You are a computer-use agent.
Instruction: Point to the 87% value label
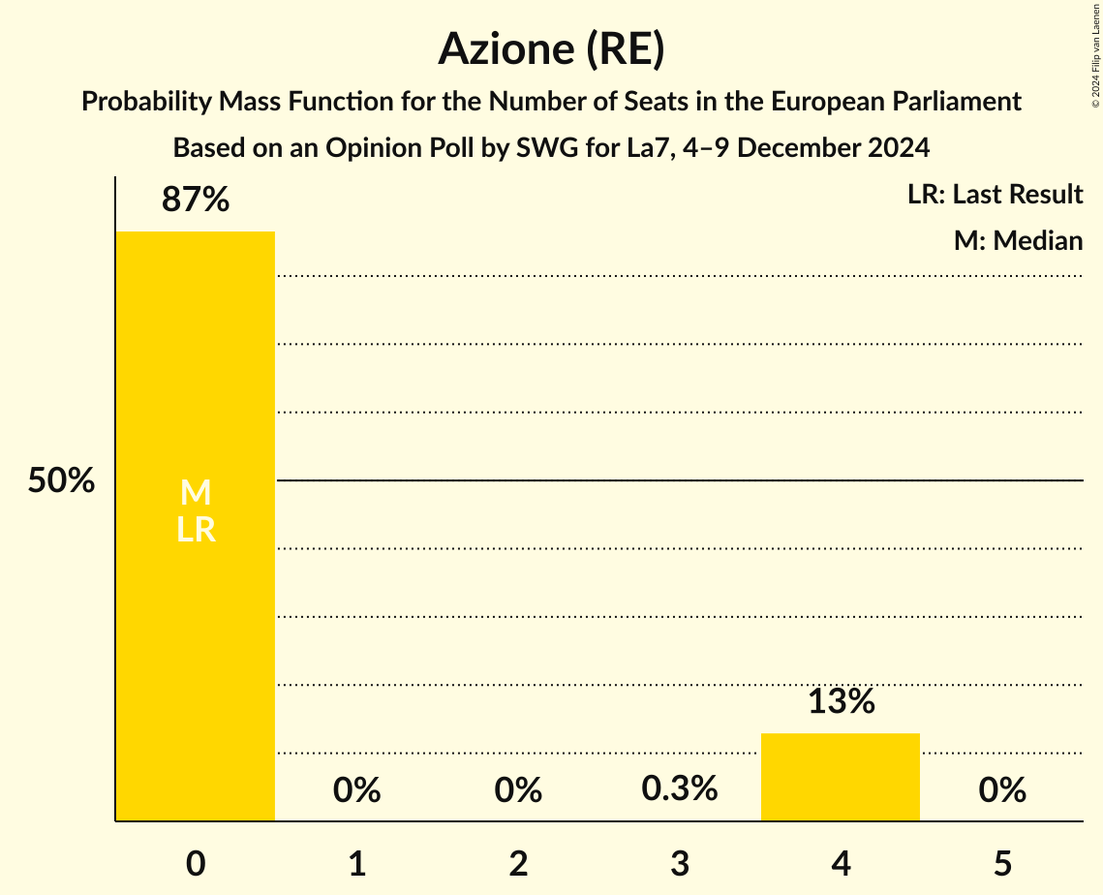[196, 201]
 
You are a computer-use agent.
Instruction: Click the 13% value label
[841, 702]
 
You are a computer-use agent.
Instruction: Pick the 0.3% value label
[680, 789]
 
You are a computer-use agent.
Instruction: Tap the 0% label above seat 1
[356, 791]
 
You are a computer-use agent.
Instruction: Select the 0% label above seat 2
[518, 791]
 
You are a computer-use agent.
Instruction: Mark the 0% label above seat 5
[1002, 791]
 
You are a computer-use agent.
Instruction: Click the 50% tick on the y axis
[61, 481]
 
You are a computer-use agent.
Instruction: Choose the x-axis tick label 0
[196, 864]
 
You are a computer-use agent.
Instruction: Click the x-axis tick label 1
[356, 864]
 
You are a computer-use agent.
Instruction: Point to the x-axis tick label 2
[518, 864]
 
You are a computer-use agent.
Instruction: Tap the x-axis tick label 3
[680, 864]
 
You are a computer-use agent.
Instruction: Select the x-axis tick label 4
[841, 864]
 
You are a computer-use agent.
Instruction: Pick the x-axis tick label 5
[1002, 864]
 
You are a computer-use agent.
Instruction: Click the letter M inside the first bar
[196, 494]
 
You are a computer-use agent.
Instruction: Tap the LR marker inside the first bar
[196, 531]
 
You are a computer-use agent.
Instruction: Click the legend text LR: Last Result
[995, 195]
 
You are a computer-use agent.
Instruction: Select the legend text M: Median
[1018, 240]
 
